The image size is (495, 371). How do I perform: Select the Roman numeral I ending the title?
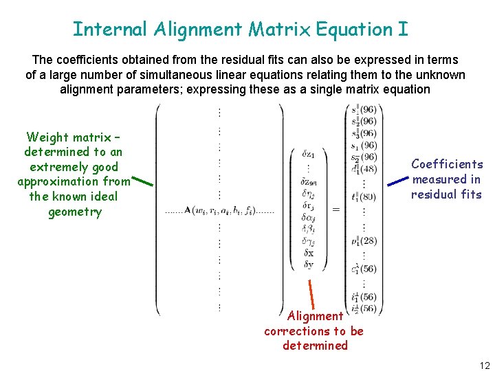(x=403, y=30)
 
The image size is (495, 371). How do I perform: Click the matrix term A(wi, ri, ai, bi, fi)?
(x=219, y=210)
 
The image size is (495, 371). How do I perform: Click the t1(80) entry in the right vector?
(x=364, y=197)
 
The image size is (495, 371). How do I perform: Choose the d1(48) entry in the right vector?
(x=364, y=168)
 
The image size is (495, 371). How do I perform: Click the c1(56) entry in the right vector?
(x=364, y=269)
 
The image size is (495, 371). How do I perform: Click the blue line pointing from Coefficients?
(x=397, y=181)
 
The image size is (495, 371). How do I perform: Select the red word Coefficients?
(x=447, y=164)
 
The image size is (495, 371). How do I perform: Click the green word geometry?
(x=75, y=212)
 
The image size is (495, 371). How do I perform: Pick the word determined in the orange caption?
(x=315, y=346)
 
